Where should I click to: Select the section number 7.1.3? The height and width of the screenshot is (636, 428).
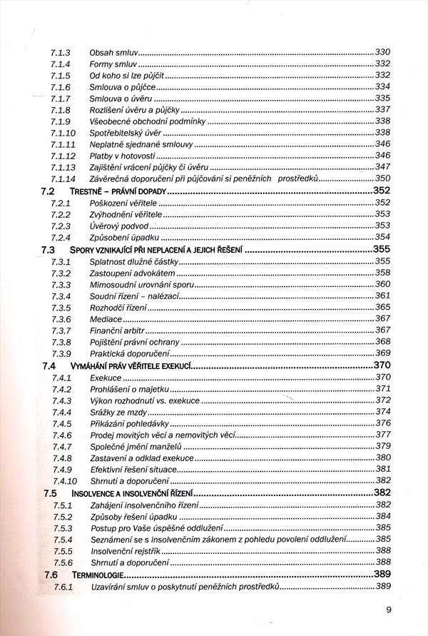pyautogui.click(x=60, y=53)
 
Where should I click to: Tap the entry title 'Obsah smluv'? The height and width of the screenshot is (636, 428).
pyautogui.click(x=113, y=53)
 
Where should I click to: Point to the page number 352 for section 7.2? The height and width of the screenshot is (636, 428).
pyautogui.click(x=382, y=191)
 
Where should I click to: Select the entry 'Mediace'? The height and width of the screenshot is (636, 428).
pyautogui.click(x=106, y=318)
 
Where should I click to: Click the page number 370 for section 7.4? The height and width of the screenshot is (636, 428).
pyautogui.click(x=382, y=365)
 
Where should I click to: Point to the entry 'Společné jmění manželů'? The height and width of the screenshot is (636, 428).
pyautogui.click(x=136, y=446)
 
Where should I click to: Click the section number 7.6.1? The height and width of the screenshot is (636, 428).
pyautogui.click(x=63, y=586)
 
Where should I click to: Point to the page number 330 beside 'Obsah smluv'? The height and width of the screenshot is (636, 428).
pyautogui.click(x=383, y=53)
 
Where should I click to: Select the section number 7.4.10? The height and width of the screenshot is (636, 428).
pyautogui.click(x=64, y=481)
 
